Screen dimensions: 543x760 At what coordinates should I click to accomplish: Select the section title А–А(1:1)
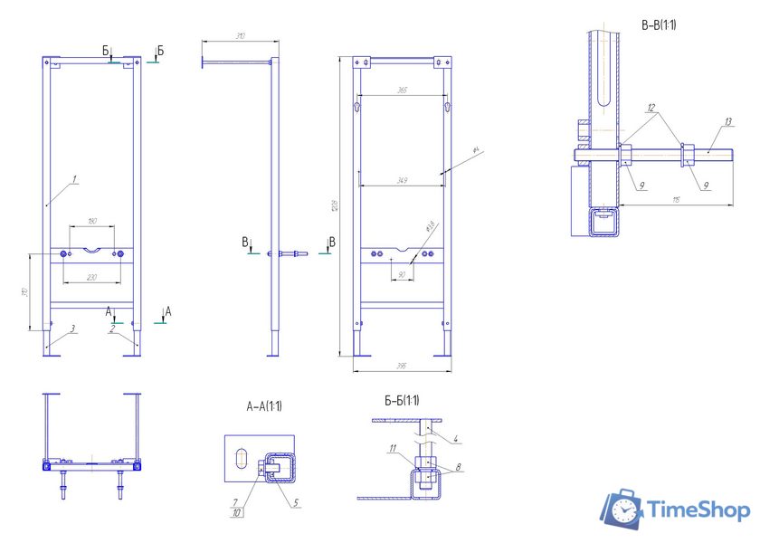(263, 406)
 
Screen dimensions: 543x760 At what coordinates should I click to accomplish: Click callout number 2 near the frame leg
(111, 329)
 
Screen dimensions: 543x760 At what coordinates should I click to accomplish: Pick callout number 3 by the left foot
(73, 329)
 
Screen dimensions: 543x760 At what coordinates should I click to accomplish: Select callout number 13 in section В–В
(728, 120)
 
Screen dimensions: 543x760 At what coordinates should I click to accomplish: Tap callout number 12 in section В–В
(651, 107)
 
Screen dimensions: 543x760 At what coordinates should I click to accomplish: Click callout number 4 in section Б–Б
(457, 440)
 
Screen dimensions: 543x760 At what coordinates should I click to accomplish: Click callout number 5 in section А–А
(296, 503)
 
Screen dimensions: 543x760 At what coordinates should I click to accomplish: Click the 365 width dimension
(403, 90)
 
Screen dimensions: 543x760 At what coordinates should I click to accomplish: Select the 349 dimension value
(403, 181)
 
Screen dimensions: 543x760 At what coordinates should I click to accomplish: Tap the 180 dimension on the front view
(92, 222)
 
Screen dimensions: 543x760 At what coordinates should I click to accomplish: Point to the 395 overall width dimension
(403, 366)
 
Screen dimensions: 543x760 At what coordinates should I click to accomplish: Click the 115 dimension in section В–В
(677, 200)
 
